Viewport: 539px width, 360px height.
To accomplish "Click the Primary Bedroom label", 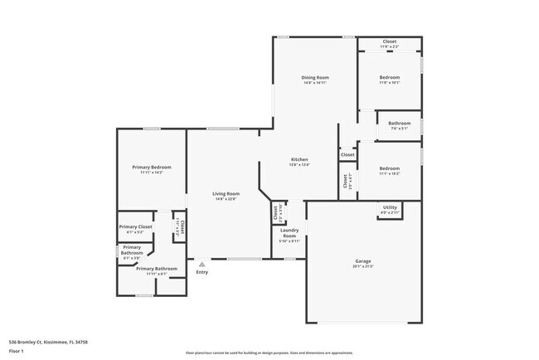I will tap(151, 167).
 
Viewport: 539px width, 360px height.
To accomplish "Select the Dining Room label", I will tap(314, 77).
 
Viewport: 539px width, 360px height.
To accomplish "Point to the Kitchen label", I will tap(299, 159).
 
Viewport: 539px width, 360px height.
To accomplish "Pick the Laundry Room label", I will tap(289, 233).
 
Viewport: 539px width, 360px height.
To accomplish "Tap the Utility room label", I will tap(390, 208).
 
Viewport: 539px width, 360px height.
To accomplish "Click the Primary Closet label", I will tap(135, 226).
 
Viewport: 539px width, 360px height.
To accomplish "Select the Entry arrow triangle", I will tap(201, 265).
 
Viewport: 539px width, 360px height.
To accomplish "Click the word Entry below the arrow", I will tap(202, 272).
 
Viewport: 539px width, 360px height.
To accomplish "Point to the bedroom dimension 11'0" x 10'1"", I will tap(390, 83).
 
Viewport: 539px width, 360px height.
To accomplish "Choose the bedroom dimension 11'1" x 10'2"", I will tap(390, 173).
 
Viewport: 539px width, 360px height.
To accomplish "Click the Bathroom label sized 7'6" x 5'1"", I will tap(400, 123).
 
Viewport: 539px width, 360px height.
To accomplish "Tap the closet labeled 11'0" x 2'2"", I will tap(389, 46).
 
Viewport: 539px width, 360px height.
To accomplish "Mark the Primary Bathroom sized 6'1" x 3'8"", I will tap(132, 258).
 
